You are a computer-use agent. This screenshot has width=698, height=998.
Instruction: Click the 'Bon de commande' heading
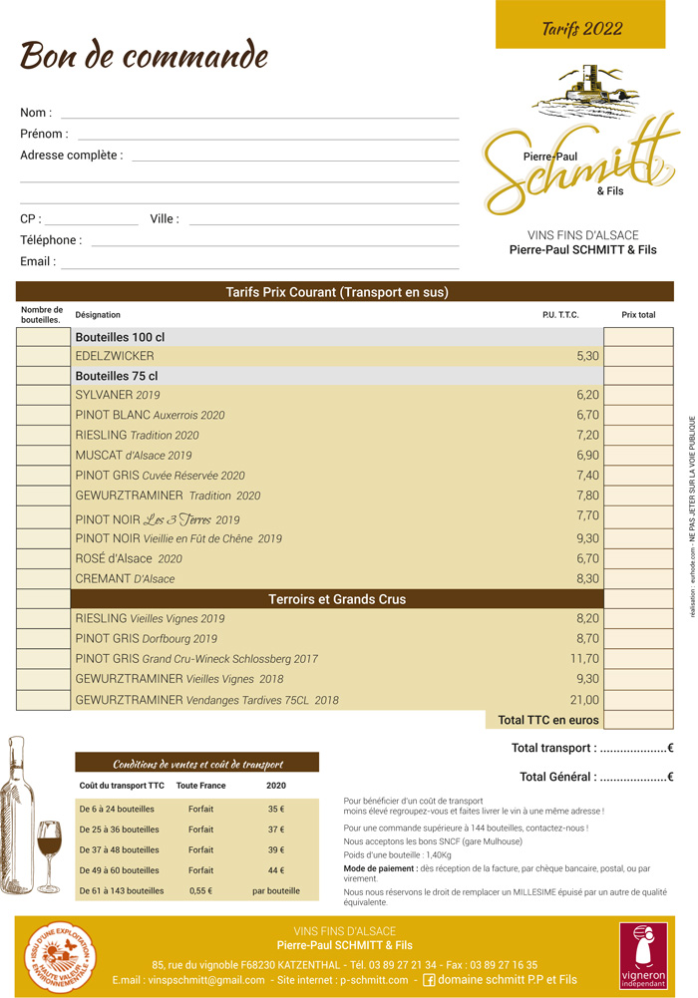tap(145, 55)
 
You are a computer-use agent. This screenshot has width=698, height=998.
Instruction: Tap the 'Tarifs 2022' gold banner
tap(581, 28)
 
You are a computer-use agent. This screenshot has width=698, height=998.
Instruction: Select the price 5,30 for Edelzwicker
tap(587, 356)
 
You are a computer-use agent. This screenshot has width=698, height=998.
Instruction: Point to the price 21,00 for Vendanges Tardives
tap(584, 700)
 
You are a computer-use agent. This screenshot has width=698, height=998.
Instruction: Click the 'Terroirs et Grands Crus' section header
tap(337, 599)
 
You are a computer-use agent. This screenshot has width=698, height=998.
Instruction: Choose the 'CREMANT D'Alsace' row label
tap(125, 578)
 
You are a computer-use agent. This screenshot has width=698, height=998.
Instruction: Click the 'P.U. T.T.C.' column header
tap(560, 315)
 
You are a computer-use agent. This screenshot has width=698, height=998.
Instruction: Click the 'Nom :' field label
tap(36, 113)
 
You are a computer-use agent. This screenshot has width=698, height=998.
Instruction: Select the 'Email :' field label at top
tap(38, 262)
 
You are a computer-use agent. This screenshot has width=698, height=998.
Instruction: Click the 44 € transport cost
tap(276, 870)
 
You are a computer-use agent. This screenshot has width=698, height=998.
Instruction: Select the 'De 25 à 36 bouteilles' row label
tap(119, 830)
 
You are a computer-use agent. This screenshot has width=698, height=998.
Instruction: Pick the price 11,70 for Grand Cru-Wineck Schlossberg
tap(584, 659)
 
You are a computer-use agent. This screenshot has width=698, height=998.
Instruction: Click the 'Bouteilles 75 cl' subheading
tap(117, 376)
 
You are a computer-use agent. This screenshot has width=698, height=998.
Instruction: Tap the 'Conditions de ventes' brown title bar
tap(197, 764)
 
